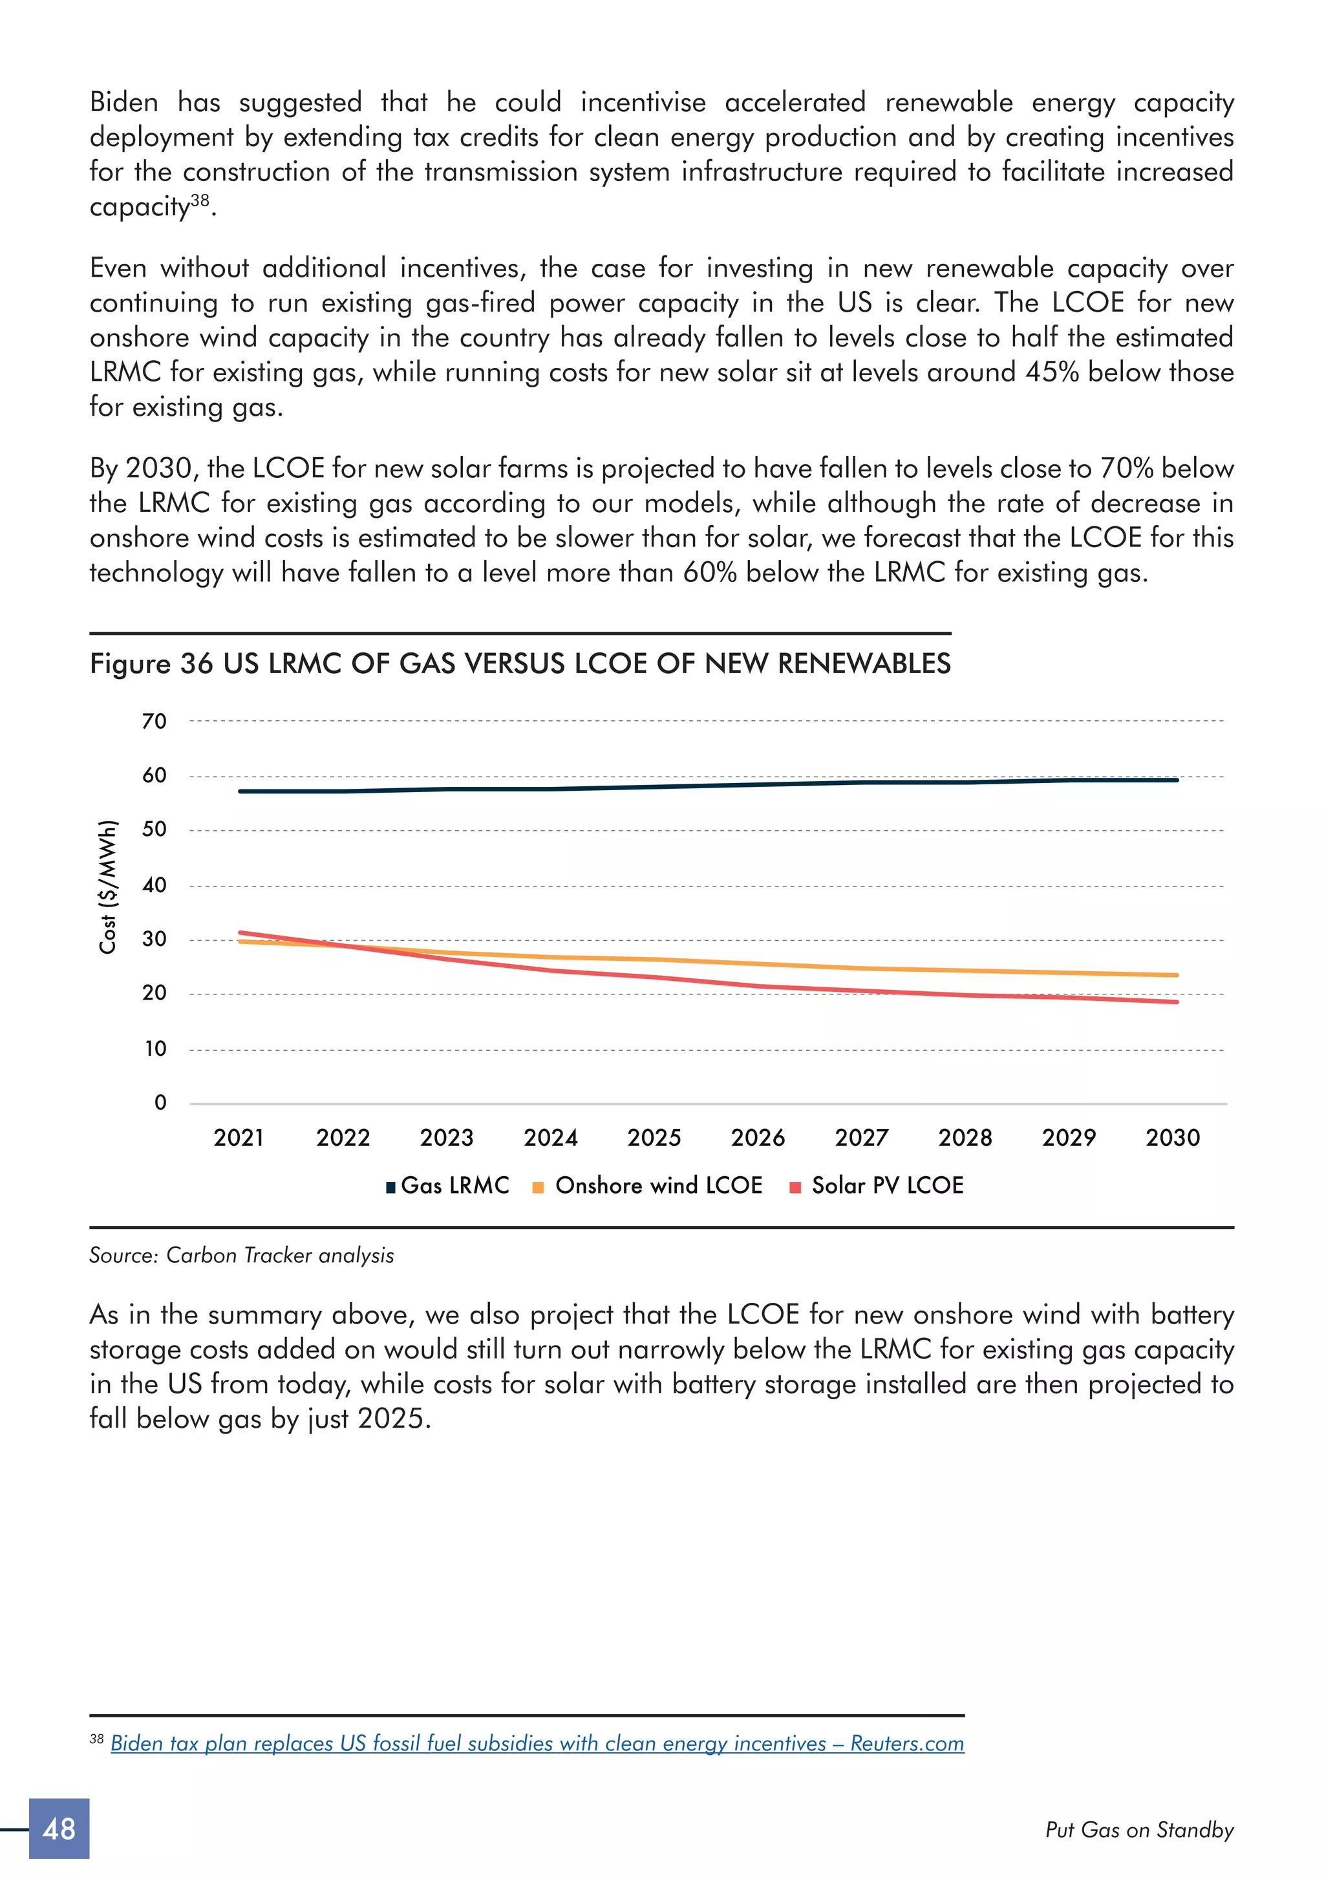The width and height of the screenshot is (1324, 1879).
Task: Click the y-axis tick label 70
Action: point(154,721)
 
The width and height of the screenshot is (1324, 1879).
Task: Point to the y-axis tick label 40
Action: point(154,885)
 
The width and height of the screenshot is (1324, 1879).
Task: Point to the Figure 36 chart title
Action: point(520,663)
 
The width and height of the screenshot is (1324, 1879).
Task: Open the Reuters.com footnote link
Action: point(537,1743)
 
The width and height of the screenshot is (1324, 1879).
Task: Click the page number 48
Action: point(59,1829)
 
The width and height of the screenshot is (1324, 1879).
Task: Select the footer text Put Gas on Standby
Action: point(1139,1830)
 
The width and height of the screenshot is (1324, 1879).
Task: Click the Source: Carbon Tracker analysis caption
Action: point(241,1256)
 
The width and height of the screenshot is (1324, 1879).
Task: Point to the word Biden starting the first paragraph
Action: point(123,102)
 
